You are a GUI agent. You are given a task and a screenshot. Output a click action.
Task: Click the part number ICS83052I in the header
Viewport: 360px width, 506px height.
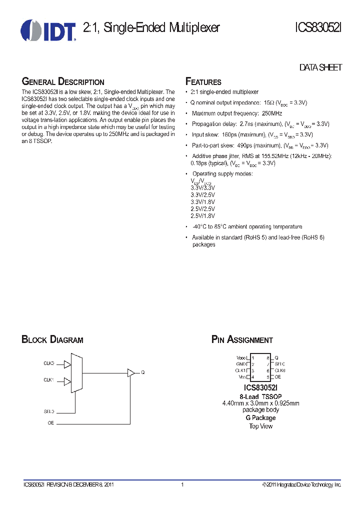(x=317, y=28)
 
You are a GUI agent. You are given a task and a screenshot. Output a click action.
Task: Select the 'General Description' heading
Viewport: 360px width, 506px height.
(x=63, y=82)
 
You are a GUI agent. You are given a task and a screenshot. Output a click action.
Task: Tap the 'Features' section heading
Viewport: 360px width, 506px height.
(x=203, y=82)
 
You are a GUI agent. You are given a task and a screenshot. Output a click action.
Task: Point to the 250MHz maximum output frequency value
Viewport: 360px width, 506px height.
(x=271, y=113)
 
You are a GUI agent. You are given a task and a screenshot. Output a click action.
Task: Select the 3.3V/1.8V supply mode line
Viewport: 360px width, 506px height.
(x=202, y=201)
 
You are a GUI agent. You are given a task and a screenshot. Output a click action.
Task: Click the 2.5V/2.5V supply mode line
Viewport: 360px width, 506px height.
(x=202, y=208)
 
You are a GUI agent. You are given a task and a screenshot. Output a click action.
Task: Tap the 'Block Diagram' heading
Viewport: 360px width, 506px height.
(x=52, y=340)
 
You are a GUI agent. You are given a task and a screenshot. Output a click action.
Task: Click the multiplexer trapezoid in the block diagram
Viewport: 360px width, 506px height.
(x=76, y=372)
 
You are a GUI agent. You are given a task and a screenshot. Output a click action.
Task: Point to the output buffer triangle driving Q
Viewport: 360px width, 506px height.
(x=131, y=372)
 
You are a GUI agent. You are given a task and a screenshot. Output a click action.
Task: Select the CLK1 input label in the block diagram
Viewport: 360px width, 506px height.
(x=48, y=380)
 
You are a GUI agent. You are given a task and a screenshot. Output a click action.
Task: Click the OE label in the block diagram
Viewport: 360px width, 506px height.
(x=50, y=422)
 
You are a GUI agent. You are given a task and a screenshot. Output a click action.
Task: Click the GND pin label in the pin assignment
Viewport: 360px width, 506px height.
(x=242, y=364)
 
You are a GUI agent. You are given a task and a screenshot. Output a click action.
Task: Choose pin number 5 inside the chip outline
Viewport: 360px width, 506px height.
(x=268, y=377)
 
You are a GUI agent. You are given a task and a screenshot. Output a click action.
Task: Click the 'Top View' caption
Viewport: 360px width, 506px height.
(x=260, y=426)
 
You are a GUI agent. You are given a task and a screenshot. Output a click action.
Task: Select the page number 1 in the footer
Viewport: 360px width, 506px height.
(x=182, y=484)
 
